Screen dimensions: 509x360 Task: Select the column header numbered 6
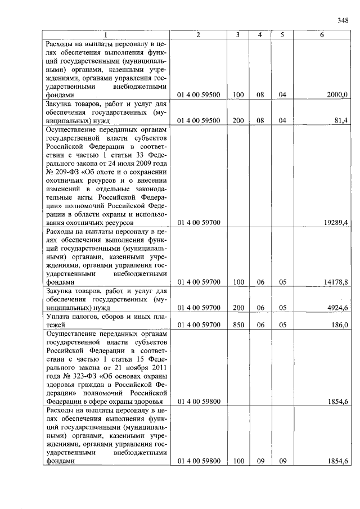coord(321,35)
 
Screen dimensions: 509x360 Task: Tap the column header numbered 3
coord(238,35)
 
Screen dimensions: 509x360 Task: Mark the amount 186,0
coord(340,325)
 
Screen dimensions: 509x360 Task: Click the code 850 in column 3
coord(238,325)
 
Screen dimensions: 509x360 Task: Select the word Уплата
coord(58,317)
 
